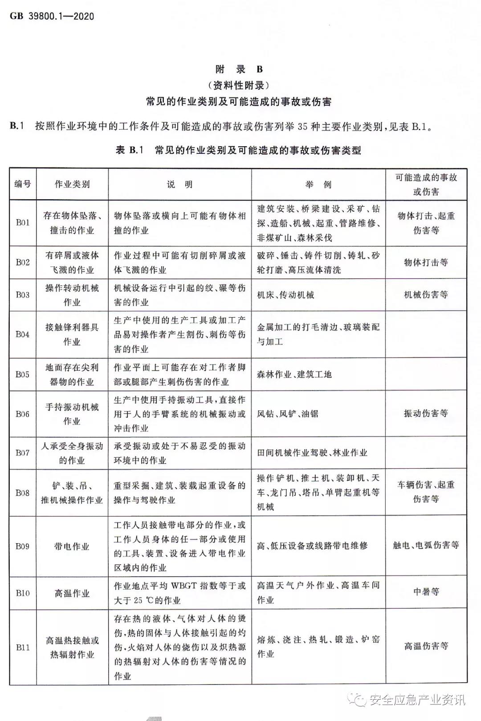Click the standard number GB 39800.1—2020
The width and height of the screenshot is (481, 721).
(x=52, y=16)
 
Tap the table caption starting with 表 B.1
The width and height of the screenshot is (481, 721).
(x=238, y=150)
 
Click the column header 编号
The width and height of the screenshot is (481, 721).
(x=23, y=184)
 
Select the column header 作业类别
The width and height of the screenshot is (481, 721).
(x=72, y=184)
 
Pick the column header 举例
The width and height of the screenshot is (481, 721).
(x=318, y=184)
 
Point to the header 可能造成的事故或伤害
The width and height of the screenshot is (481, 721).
(x=426, y=184)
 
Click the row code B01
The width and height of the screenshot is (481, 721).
(x=23, y=223)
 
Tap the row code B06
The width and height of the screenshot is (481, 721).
(x=23, y=414)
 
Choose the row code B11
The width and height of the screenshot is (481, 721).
(x=23, y=647)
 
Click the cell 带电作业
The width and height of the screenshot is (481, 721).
(x=72, y=546)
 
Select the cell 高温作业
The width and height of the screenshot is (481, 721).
(x=72, y=593)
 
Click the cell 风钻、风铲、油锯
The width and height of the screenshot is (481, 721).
(x=288, y=414)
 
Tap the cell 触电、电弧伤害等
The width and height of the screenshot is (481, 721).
(x=426, y=545)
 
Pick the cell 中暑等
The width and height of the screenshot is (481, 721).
(x=426, y=592)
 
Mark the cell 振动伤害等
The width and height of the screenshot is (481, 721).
(x=426, y=413)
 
